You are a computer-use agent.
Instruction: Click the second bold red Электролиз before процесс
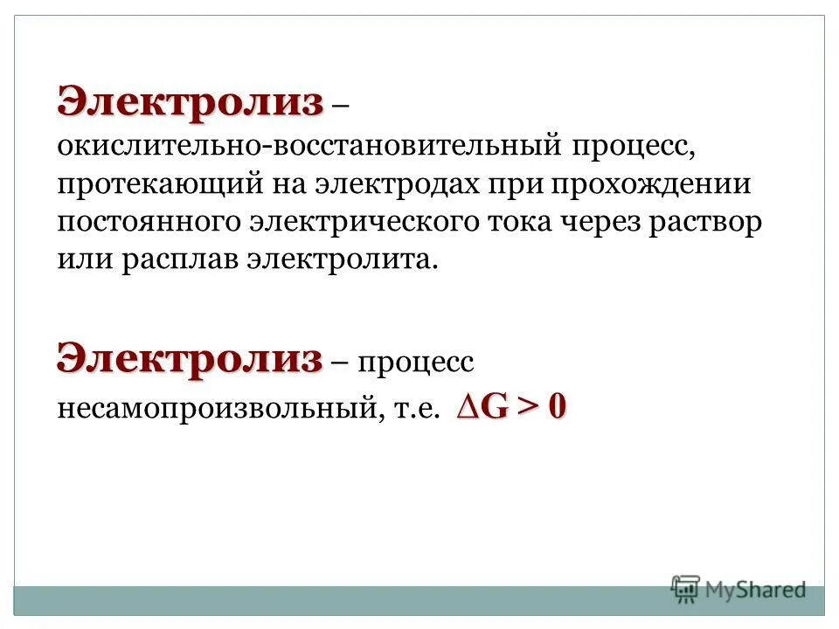pos(191,358)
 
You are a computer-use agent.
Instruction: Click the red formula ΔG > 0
pos(510,406)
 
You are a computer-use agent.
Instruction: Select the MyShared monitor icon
pos(686,590)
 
